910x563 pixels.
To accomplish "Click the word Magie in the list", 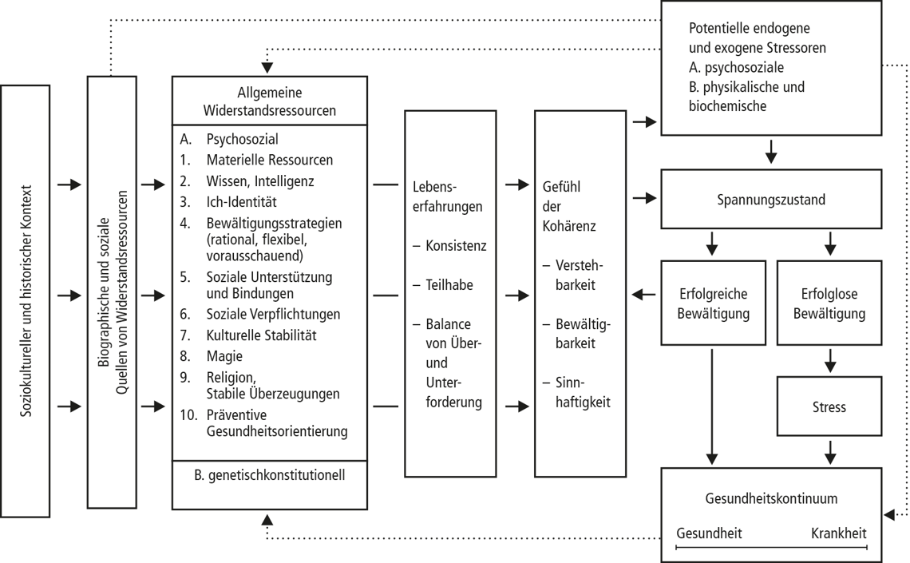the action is click(x=224, y=356).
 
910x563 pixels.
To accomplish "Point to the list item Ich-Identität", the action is click(x=241, y=202).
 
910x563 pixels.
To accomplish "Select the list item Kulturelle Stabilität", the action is click(x=261, y=335).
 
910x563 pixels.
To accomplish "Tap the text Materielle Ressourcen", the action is click(x=270, y=160).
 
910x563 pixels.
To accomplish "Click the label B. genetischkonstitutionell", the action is click(x=269, y=475).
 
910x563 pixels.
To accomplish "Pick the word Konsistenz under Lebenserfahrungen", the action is click(x=456, y=245).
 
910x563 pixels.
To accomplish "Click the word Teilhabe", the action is click(x=449, y=285).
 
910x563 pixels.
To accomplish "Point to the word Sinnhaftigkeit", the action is click(x=583, y=392).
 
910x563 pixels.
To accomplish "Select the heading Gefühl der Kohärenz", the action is click(x=568, y=206).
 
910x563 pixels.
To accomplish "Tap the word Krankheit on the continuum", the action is click(x=839, y=533).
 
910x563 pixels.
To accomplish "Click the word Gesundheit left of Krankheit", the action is click(x=709, y=533).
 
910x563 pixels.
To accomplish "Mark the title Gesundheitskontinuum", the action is click(x=771, y=498).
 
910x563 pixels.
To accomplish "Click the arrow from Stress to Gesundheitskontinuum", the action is click(x=830, y=453).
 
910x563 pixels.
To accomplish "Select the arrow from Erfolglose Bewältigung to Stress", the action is click(x=830, y=360).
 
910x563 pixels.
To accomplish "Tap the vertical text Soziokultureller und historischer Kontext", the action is click(x=26, y=300).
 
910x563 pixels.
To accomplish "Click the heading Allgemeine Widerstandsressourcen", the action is click(x=269, y=101).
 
